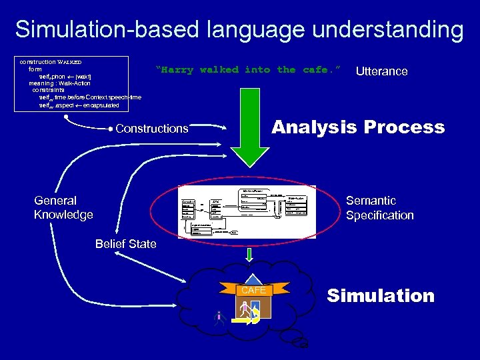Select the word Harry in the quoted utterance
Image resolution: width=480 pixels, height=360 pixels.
[175, 69]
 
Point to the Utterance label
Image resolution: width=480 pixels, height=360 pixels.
[381, 71]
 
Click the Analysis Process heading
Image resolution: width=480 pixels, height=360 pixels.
[357, 127]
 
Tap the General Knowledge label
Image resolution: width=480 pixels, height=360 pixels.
[63, 207]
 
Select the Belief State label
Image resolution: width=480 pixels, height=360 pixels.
[125, 244]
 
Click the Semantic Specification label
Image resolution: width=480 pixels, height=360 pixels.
[379, 208]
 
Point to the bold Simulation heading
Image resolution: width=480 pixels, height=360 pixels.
[381, 296]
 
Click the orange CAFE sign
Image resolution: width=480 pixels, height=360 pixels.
[254, 291]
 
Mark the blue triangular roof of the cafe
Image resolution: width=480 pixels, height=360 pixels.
[254, 281]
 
